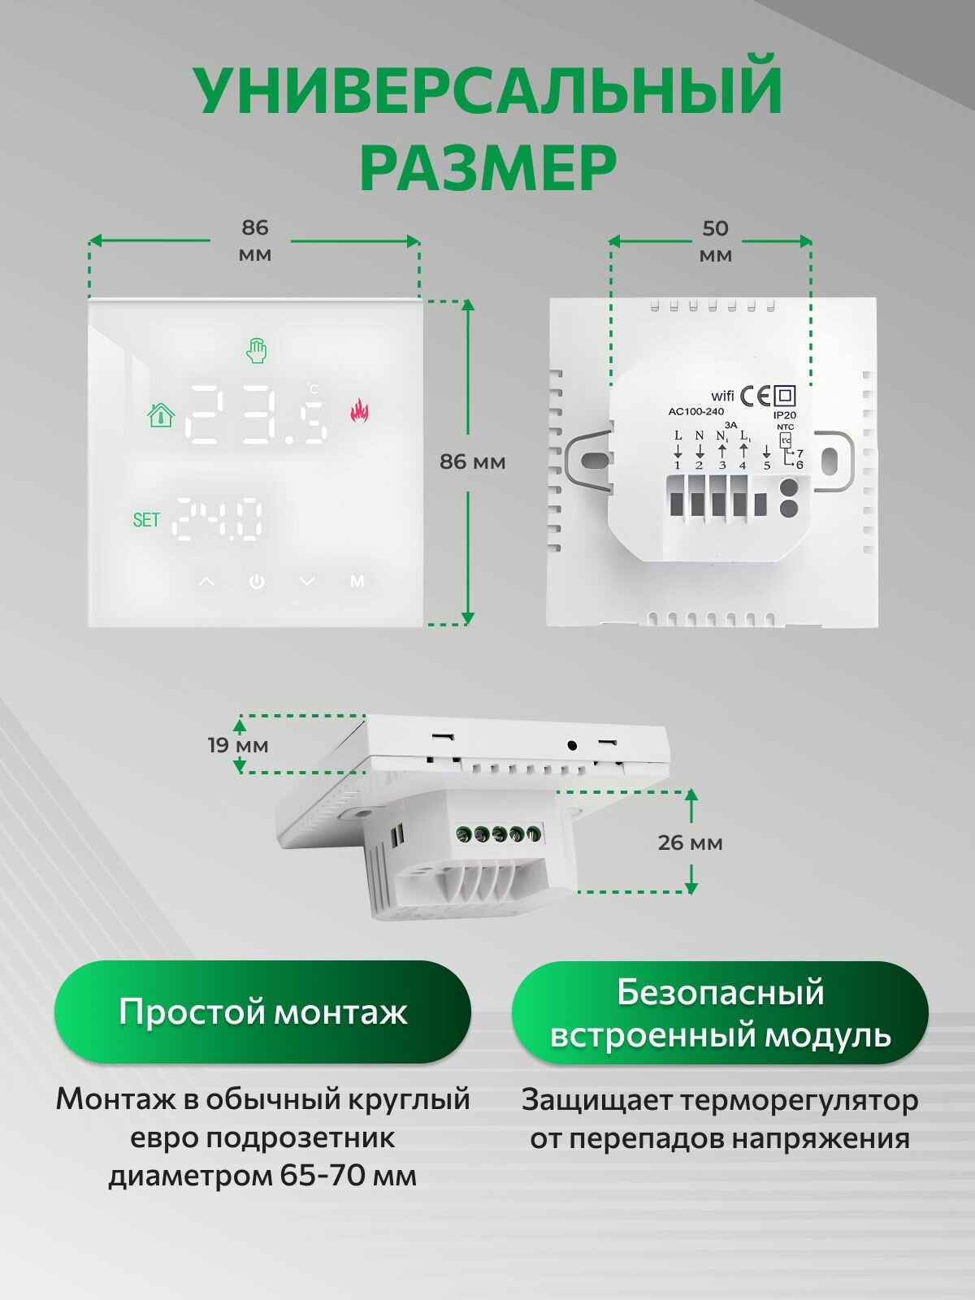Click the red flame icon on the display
click(x=359, y=411)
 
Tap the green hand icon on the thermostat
click(x=257, y=351)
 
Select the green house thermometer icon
click(x=161, y=415)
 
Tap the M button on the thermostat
click(x=357, y=582)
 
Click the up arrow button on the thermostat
click(x=206, y=582)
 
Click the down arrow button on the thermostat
click(x=306, y=582)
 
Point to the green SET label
click(x=146, y=520)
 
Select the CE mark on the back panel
click(x=755, y=396)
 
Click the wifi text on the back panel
click(x=722, y=396)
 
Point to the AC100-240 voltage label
click(x=695, y=412)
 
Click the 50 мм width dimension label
click(x=715, y=241)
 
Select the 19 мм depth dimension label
click(x=237, y=745)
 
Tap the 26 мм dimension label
click(x=690, y=843)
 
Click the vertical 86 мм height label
click(x=472, y=461)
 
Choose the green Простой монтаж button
click(x=262, y=1012)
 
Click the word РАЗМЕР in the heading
click(x=487, y=168)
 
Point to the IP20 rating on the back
click(x=785, y=415)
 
